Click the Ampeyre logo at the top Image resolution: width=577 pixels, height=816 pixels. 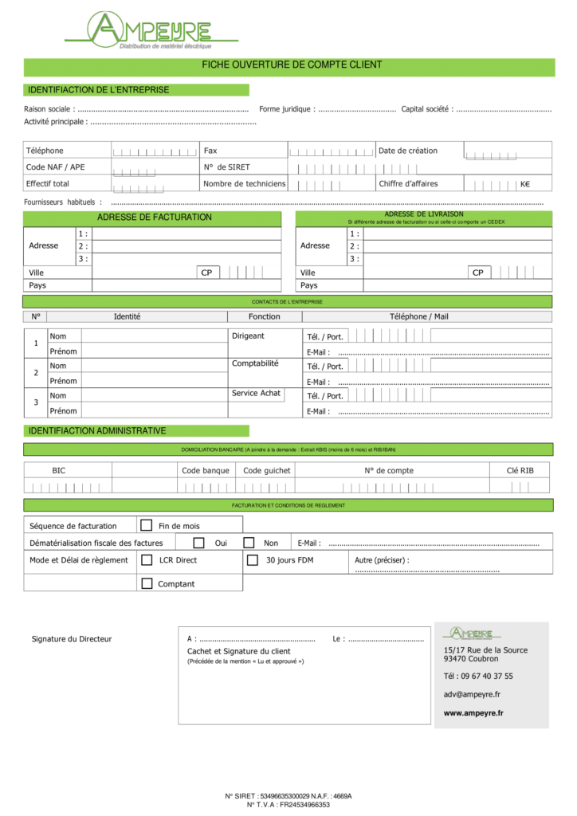(x=151, y=30)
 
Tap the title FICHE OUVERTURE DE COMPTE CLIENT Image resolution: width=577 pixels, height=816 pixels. (x=292, y=65)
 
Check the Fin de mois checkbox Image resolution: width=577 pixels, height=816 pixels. (x=147, y=525)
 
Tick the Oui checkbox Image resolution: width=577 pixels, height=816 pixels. (x=199, y=543)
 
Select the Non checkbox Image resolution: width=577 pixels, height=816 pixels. (x=249, y=543)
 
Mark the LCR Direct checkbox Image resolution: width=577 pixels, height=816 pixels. (x=147, y=560)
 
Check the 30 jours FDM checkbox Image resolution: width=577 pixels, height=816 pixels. (x=253, y=560)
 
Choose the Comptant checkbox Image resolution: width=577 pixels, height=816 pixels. (x=147, y=583)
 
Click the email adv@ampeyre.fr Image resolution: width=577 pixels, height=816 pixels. (x=472, y=694)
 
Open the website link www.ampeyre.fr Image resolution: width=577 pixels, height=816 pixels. (x=473, y=713)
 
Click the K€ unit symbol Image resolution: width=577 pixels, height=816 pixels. (x=524, y=184)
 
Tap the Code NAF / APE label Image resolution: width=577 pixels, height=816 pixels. (x=55, y=167)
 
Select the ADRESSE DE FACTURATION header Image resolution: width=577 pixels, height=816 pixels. (x=155, y=218)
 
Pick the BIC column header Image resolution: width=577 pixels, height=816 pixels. (x=59, y=470)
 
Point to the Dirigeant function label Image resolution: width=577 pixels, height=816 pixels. (x=248, y=336)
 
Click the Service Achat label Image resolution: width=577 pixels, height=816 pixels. (x=256, y=394)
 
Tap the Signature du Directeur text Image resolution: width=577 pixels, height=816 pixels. (x=72, y=639)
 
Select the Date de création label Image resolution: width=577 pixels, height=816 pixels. (x=408, y=151)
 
